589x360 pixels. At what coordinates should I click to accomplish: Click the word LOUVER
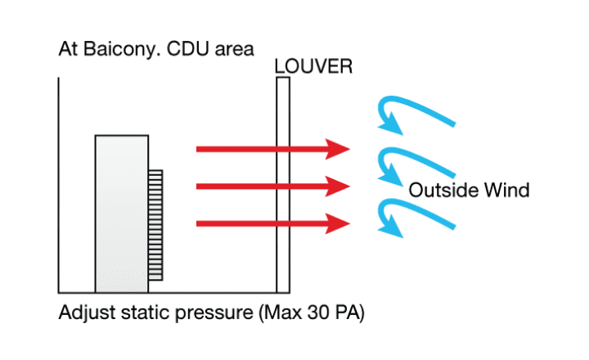tap(313, 66)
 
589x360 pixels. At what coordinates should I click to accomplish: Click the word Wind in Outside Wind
tap(506, 190)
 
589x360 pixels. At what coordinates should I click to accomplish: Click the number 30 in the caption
tap(318, 313)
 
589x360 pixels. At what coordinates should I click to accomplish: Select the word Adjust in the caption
tap(88, 313)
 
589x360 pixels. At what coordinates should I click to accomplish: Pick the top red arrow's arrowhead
tap(338, 149)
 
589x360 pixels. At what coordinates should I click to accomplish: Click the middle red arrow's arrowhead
tap(338, 187)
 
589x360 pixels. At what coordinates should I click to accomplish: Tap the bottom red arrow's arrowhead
tap(338, 224)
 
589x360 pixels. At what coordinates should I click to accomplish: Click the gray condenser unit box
tap(122, 214)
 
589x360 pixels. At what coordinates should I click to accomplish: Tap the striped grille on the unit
tap(155, 225)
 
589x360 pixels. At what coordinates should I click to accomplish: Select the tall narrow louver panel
tap(283, 185)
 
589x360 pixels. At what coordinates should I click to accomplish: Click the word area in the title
tap(235, 50)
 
